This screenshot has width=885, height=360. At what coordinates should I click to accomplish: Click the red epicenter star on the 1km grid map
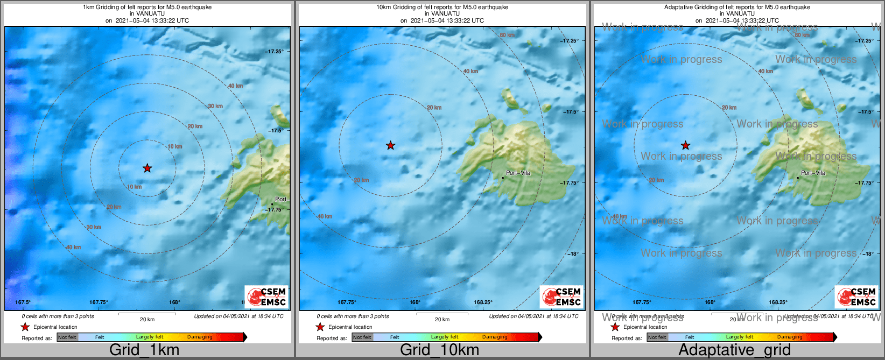coord(147,168)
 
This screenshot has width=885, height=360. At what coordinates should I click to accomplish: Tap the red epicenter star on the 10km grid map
coord(390,145)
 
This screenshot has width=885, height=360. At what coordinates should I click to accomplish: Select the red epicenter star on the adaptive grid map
coord(685,145)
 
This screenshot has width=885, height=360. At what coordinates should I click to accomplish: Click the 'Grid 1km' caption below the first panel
coord(144,350)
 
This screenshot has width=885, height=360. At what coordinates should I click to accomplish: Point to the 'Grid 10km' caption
coord(439,350)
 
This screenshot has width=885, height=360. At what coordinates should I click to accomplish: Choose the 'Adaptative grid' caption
coord(734,350)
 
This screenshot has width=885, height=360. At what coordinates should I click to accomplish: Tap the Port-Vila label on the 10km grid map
coord(518,173)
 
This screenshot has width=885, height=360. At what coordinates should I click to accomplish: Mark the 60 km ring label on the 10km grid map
coord(507,36)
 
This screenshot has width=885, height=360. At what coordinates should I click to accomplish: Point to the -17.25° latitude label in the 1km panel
coord(274,52)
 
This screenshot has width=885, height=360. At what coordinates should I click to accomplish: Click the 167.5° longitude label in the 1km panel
coord(23,302)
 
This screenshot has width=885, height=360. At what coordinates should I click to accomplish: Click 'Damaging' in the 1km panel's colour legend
coord(200,337)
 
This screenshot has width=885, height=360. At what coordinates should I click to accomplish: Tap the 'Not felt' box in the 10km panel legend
coord(362,337)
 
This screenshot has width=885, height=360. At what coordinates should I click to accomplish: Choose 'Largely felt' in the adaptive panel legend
coord(740,337)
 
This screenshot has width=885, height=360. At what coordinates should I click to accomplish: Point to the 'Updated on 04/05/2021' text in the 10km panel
coord(533,316)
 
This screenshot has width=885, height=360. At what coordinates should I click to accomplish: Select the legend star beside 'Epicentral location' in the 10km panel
coord(320,327)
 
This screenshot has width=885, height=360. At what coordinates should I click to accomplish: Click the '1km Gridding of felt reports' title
coord(147,8)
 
